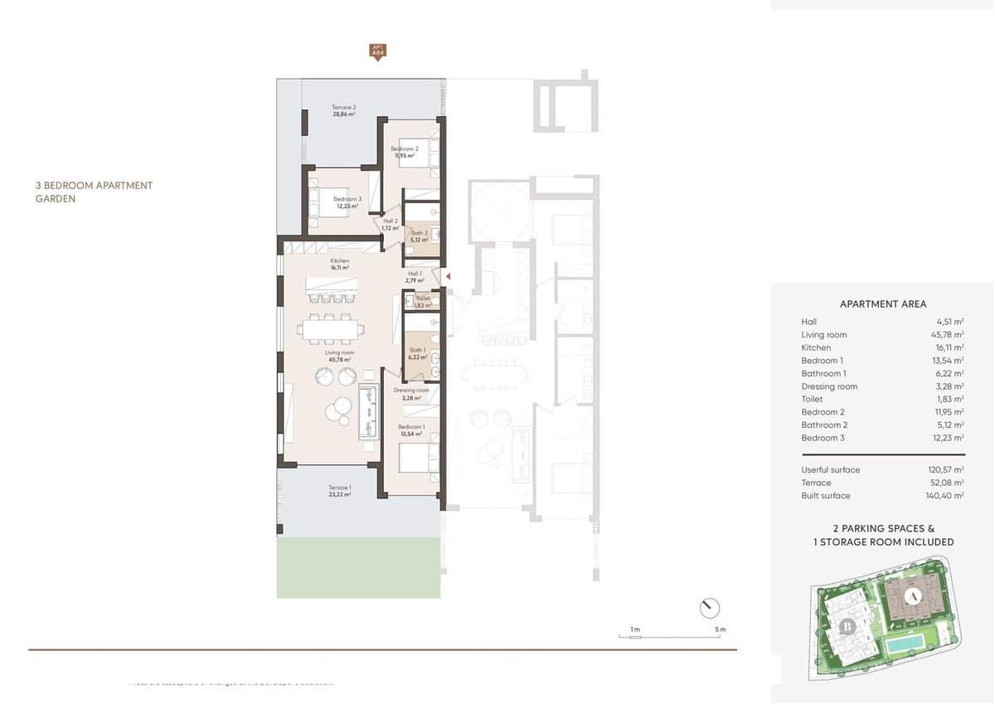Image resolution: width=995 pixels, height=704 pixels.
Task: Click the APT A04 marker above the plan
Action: (377, 51)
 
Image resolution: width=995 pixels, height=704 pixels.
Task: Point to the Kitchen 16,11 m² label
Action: (339, 265)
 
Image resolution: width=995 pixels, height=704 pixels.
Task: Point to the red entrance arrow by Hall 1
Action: (447, 276)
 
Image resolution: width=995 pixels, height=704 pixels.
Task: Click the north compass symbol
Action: (710, 608)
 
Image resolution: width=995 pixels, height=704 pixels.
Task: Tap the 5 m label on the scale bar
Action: (721, 629)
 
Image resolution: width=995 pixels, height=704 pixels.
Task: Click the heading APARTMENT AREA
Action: (883, 304)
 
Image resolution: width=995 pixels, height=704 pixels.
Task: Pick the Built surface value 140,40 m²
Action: (946, 496)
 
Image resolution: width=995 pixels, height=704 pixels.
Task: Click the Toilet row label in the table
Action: (812, 399)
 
